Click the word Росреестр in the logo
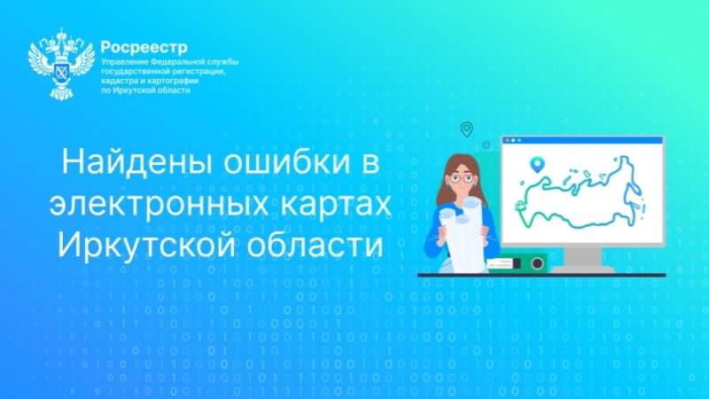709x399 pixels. pyautogui.click(x=144, y=47)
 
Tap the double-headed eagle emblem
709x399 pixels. pyautogui.click(x=61, y=64)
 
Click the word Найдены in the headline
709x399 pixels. pyautogui.click(x=137, y=161)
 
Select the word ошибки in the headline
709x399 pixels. pyautogui.click(x=286, y=161)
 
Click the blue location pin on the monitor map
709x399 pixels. pyautogui.click(x=537, y=164)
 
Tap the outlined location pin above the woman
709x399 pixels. pyautogui.click(x=467, y=129)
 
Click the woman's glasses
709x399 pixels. pyautogui.click(x=461, y=178)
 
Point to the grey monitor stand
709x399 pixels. pyautogui.click(x=582, y=261)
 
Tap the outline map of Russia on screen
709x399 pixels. pyautogui.click(x=580, y=192)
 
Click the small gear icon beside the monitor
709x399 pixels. pyautogui.click(x=487, y=145)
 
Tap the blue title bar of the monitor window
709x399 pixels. pyautogui.click(x=582, y=140)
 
